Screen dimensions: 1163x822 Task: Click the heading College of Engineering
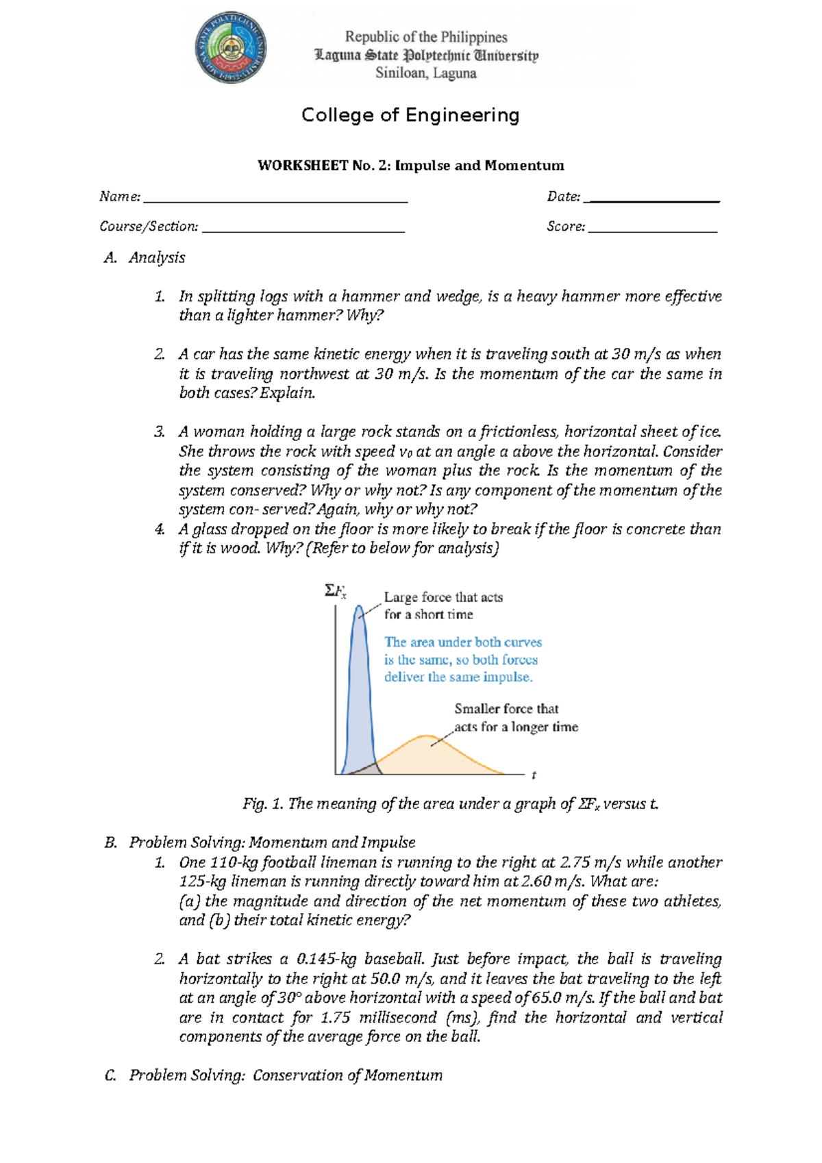pyautogui.click(x=410, y=115)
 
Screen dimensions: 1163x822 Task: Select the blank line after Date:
pyautogui.click(x=654, y=201)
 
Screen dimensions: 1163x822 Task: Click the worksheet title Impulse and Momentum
pyautogui.click(x=410, y=166)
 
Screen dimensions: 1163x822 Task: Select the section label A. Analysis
pyautogui.click(x=145, y=258)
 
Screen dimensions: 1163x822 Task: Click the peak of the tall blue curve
pyautogui.click(x=358, y=608)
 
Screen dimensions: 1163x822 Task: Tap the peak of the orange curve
pyautogui.click(x=428, y=736)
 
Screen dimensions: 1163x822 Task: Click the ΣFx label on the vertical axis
pyautogui.click(x=335, y=590)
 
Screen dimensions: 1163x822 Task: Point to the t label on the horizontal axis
pyautogui.click(x=534, y=775)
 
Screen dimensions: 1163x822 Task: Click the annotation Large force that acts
pyautogui.click(x=443, y=598)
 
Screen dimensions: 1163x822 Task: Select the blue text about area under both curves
pyautogui.click(x=462, y=660)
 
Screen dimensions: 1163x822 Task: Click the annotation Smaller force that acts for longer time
pyautogui.click(x=515, y=718)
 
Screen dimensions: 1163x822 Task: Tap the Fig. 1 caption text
pyautogui.click(x=450, y=804)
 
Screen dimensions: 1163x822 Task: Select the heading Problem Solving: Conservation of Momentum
pyautogui.click(x=286, y=1075)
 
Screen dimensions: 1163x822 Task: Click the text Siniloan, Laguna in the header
pyautogui.click(x=425, y=73)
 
